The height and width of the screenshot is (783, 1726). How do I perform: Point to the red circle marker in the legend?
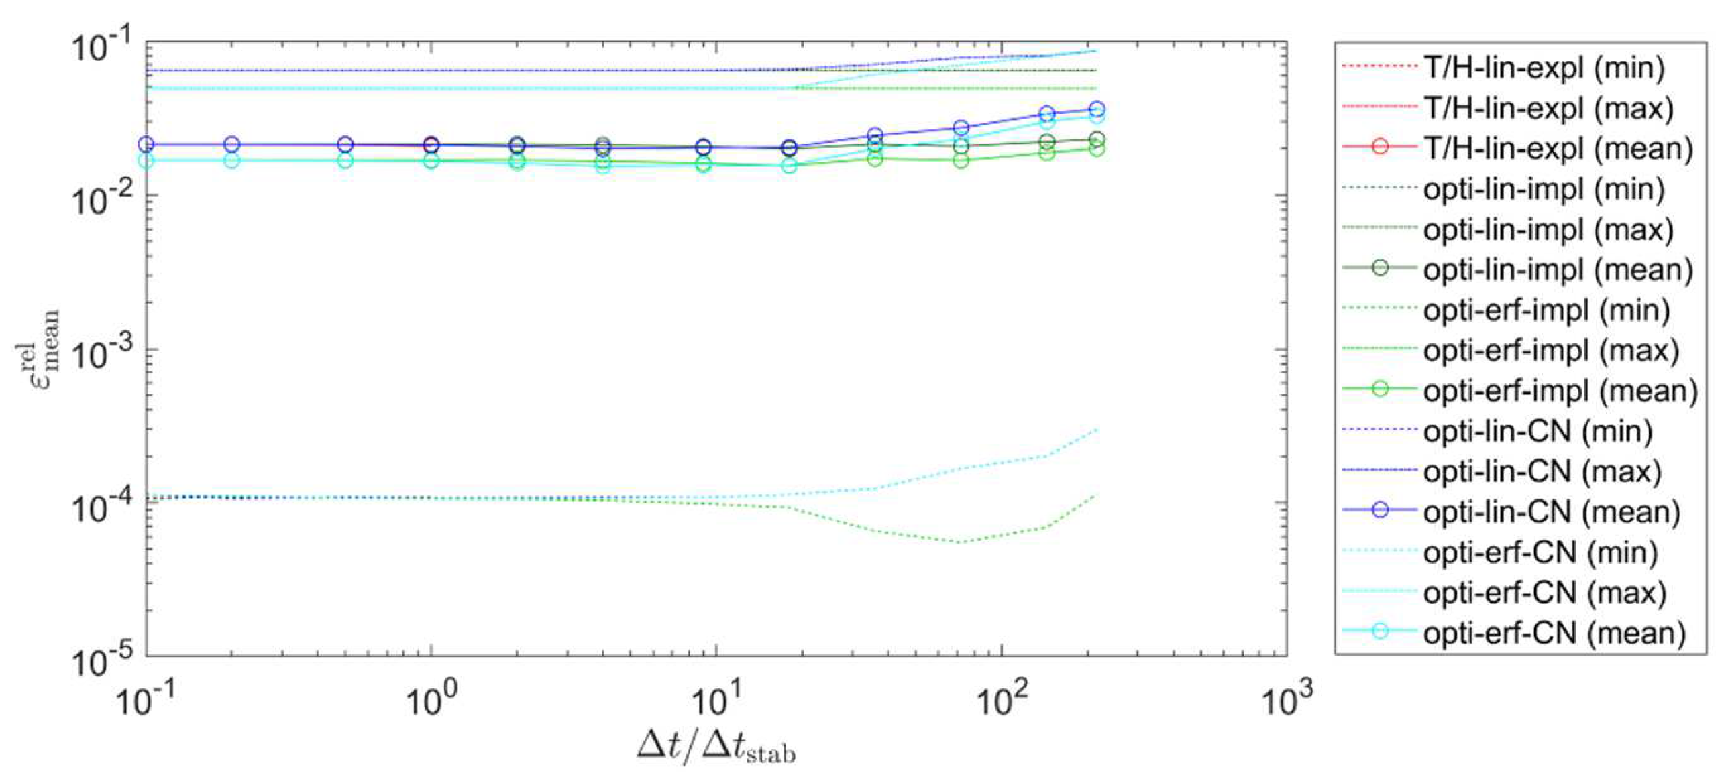[1380, 148]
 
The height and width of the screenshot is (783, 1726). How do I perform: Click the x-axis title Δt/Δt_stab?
[716, 749]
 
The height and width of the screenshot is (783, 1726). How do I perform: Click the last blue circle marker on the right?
[1095, 109]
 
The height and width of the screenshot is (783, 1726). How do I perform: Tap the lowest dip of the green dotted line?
[959, 542]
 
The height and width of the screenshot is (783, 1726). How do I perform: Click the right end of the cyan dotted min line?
[1095, 429]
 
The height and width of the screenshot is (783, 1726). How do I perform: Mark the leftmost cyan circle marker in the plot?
[146, 160]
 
